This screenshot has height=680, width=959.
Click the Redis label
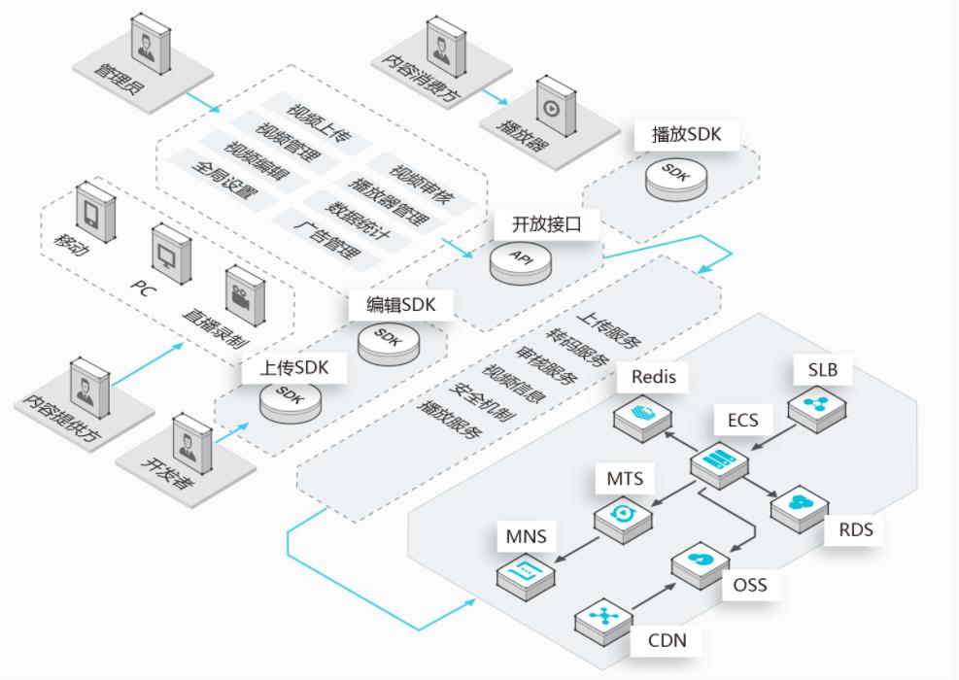[653, 376]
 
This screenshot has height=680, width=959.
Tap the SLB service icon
[814, 406]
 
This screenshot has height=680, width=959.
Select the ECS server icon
[720, 459]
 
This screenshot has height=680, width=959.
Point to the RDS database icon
[799, 503]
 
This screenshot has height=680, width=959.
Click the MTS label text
[625, 479]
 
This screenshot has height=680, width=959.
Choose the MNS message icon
[526, 569]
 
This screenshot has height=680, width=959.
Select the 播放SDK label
[687, 135]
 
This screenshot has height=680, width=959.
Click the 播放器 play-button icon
[551, 107]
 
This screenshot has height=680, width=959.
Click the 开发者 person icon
[187, 442]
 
